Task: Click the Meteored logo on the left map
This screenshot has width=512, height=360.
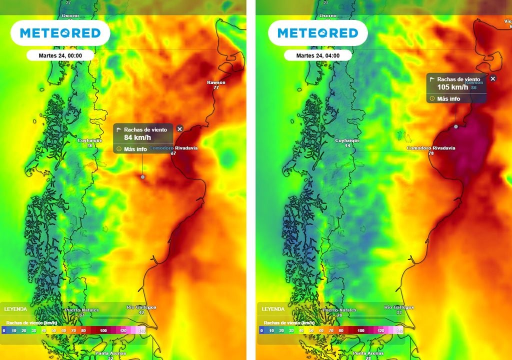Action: (x=60, y=33)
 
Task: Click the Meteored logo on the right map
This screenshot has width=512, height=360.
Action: (x=317, y=33)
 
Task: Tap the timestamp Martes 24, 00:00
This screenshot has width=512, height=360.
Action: (x=60, y=55)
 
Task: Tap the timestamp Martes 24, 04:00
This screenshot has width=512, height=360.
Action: (x=317, y=55)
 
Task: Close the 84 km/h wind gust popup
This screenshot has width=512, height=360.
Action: (x=180, y=129)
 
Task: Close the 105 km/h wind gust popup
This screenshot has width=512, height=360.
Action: (x=493, y=78)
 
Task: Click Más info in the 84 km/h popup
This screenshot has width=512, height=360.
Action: (x=135, y=149)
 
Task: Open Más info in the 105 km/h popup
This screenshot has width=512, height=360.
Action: (x=448, y=98)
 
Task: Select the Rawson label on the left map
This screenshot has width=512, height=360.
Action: (x=216, y=82)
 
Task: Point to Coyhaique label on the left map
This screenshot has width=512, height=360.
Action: (x=90, y=140)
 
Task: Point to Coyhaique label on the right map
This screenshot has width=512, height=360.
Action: (x=347, y=140)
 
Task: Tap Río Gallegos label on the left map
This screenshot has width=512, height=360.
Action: (x=141, y=307)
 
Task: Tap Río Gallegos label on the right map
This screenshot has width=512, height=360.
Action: (x=399, y=307)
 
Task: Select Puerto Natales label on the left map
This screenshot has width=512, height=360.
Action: (x=82, y=310)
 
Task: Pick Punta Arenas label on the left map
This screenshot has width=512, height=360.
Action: (x=110, y=353)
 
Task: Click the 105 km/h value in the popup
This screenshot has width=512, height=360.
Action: (x=452, y=87)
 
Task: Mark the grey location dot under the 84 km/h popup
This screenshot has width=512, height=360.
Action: (x=143, y=177)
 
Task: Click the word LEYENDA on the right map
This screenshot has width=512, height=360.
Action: (x=273, y=309)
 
